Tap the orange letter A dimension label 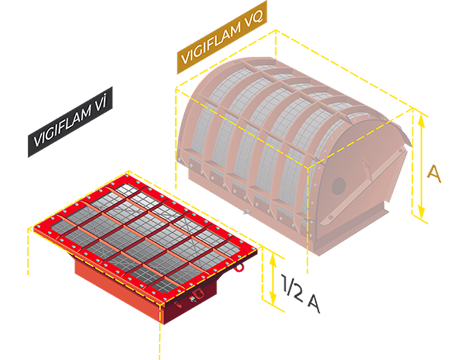(433, 173)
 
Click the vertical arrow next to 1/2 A (272, 279)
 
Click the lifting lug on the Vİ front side (197, 294)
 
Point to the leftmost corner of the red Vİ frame (30, 229)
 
